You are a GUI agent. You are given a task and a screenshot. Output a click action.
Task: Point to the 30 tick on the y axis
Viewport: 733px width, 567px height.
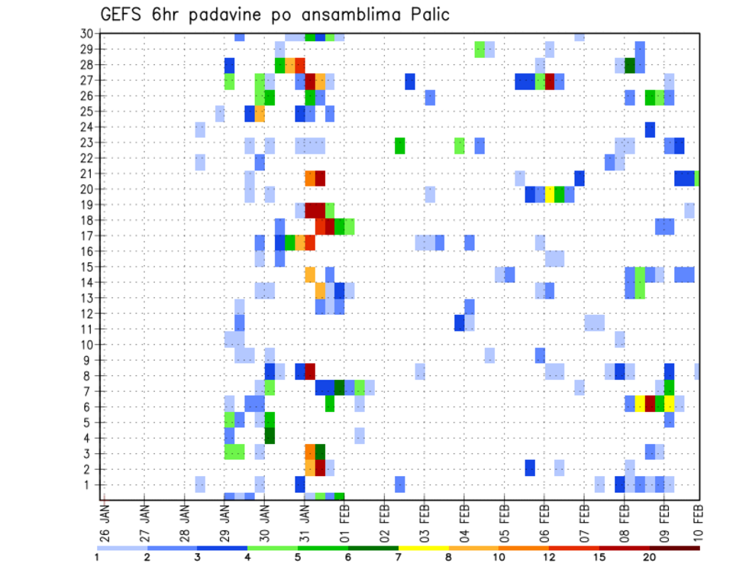(87, 34)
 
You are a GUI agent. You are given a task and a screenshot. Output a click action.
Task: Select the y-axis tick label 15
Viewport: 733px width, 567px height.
(87, 267)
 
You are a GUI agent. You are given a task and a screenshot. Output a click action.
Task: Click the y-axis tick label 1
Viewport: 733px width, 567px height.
(90, 484)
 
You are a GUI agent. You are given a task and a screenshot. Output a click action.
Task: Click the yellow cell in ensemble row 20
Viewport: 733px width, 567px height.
(550, 194)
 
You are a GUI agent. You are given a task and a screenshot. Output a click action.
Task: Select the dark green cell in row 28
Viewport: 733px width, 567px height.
(630, 65)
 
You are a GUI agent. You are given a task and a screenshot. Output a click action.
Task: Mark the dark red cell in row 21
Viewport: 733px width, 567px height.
(321, 178)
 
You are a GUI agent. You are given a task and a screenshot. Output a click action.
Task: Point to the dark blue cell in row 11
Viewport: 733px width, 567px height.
(460, 322)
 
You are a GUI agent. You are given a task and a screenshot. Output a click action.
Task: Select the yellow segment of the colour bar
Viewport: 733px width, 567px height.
(424, 548)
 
